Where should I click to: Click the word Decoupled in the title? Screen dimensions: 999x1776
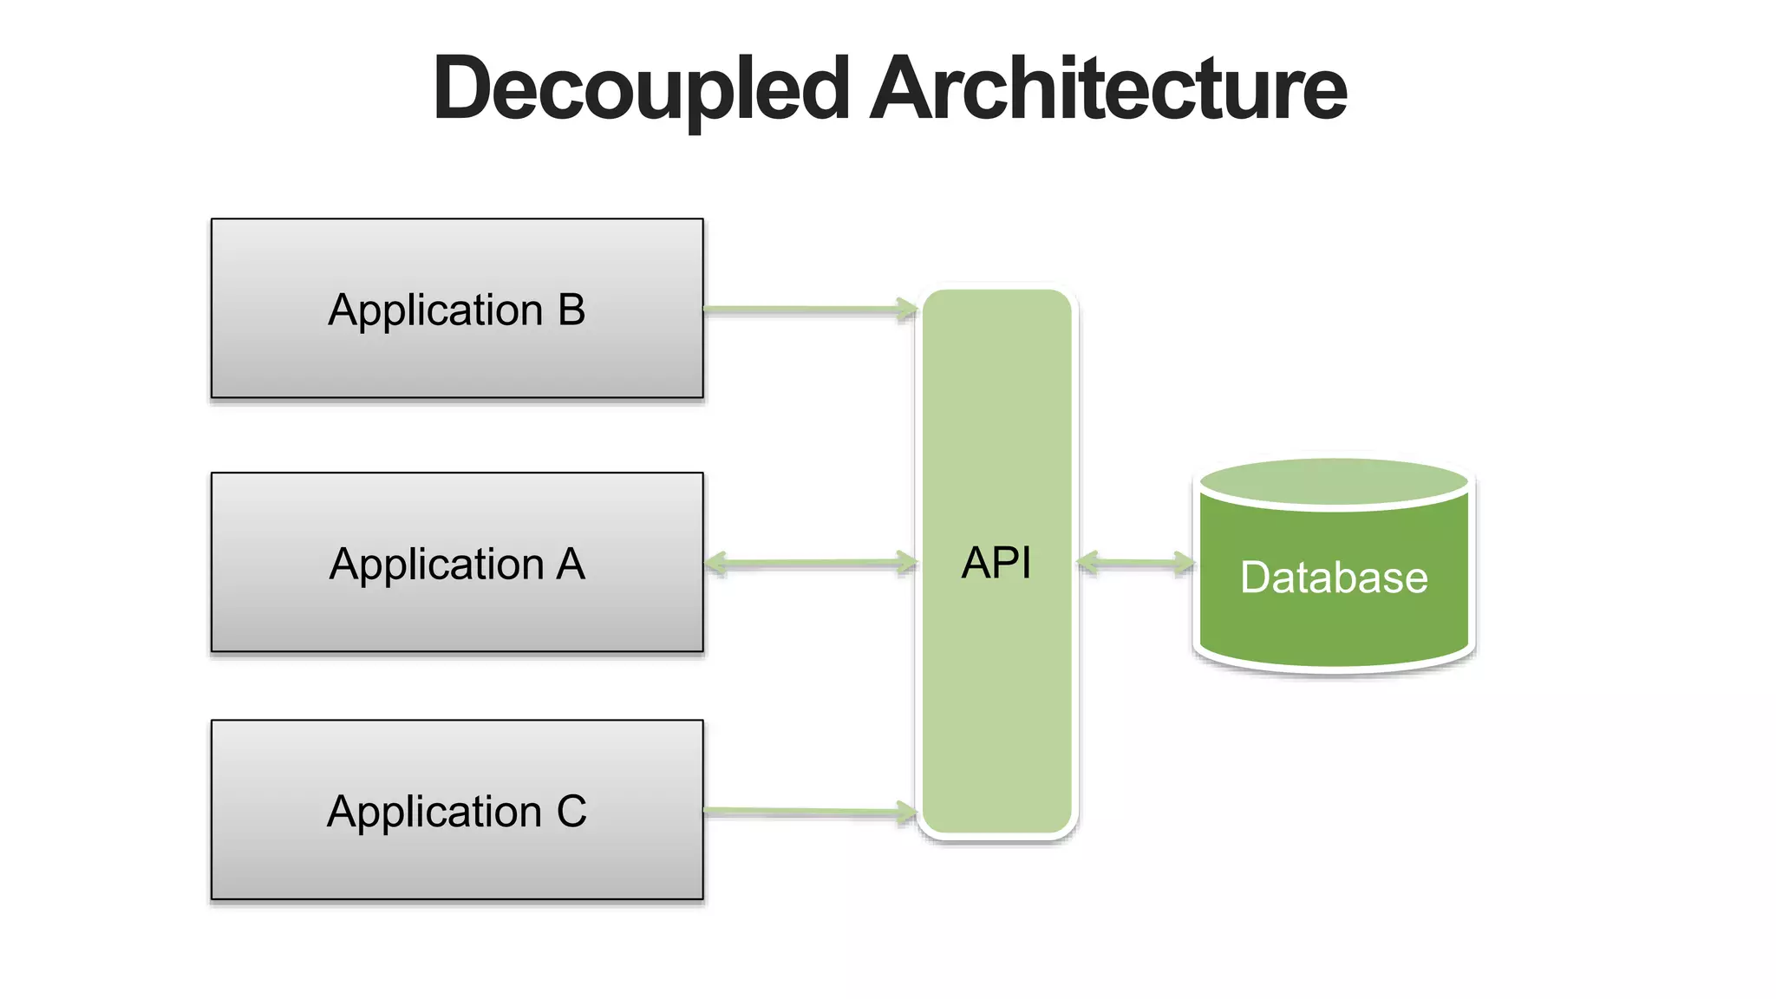[x=640, y=89]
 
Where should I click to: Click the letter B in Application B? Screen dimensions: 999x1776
[x=571, y=310]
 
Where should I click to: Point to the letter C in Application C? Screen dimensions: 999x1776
[x=571, y=813]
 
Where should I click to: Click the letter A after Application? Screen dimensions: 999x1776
[x=571, y=565]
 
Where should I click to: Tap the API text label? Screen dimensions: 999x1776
[x=996, y=564]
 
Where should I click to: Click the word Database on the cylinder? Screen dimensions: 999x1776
[x=1334, y=578]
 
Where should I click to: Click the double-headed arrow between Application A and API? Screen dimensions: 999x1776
[x=811, y=564]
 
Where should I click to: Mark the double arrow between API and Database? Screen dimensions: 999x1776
[x=1135, y=564]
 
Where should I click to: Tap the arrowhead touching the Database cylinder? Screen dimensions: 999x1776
[x=1185, y=564]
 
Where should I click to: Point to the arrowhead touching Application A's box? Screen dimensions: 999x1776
[x=715, y=564]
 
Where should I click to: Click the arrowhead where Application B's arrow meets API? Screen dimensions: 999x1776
[x=907, y=310]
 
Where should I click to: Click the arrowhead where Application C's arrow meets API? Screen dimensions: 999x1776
[x=907, y=813]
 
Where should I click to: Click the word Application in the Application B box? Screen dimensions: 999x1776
[x=436, y=310]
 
